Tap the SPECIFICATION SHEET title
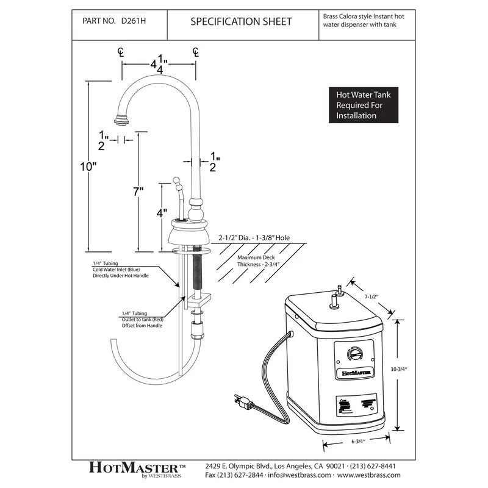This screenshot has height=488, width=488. pos(241,22)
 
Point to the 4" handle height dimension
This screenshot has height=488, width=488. pos(161,215)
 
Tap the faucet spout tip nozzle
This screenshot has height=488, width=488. pos(120,116)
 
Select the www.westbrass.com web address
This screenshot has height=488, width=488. pos(369,475)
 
